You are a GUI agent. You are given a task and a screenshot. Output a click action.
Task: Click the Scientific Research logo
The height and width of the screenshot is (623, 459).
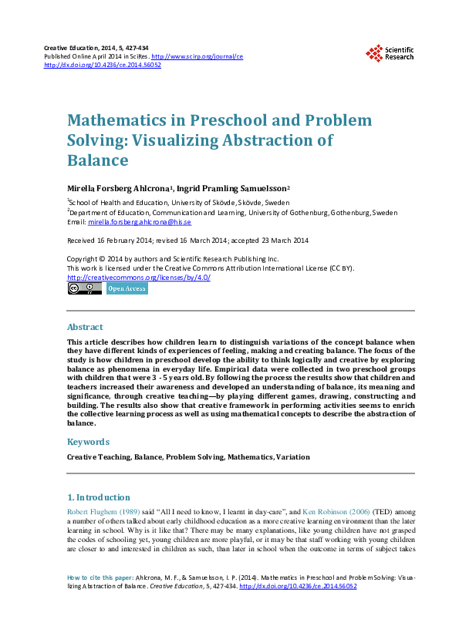(x=390, y=52)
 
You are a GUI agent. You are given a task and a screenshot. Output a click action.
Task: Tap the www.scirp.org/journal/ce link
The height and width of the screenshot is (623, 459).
(x=197, y=57)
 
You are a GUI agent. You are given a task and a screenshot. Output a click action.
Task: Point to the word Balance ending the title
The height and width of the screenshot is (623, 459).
(x=97, y=160)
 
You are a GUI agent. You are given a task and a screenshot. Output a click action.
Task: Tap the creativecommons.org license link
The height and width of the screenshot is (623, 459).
(x=139, y=278)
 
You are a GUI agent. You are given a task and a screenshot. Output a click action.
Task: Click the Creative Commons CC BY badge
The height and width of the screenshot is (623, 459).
(x=84, y=288)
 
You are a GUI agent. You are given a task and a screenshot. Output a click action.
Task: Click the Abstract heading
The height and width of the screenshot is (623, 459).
(x=85, y=326)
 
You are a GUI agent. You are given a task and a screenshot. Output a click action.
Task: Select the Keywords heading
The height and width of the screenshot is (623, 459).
(x=88, y=442)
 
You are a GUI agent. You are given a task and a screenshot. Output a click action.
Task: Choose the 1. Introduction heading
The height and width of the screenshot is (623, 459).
(x=99, y=497)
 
